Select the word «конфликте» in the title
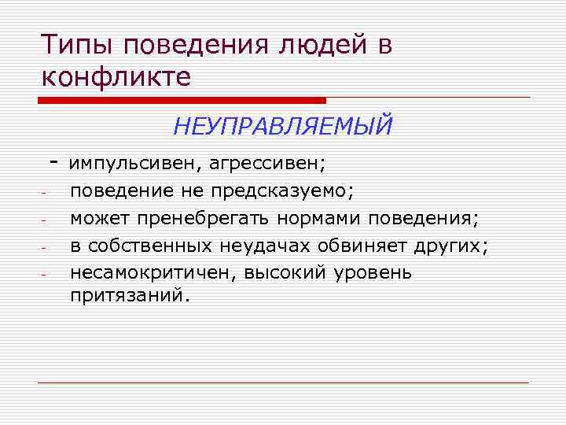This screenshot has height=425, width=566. click(x=116, y=78)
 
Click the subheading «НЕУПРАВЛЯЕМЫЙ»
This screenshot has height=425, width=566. click(x=282, y=125)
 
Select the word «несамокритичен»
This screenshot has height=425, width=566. click(x=154, y=272)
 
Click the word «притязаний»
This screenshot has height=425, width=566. click(x=130, y=297)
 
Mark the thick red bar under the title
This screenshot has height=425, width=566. click(x=182, y=100)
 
